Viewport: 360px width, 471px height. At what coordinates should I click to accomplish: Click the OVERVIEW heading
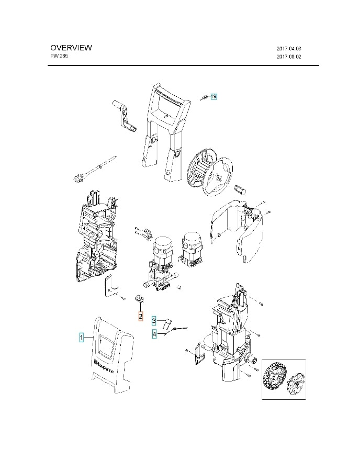71,48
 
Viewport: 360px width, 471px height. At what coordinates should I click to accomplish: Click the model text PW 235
59,56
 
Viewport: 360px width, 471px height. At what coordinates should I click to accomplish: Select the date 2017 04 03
289,48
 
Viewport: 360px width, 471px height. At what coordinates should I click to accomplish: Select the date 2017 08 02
289,57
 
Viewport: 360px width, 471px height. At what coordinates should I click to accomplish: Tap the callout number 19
213,97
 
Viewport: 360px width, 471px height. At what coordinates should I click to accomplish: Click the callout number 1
81,338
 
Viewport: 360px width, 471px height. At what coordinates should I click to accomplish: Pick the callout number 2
140,316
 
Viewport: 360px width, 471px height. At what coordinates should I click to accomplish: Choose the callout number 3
154,320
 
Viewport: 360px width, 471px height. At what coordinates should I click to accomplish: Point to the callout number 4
154,333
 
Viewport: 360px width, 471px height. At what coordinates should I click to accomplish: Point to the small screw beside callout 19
204,97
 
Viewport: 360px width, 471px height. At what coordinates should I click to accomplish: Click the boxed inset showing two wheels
283,379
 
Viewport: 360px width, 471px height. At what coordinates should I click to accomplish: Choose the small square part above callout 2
140,299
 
